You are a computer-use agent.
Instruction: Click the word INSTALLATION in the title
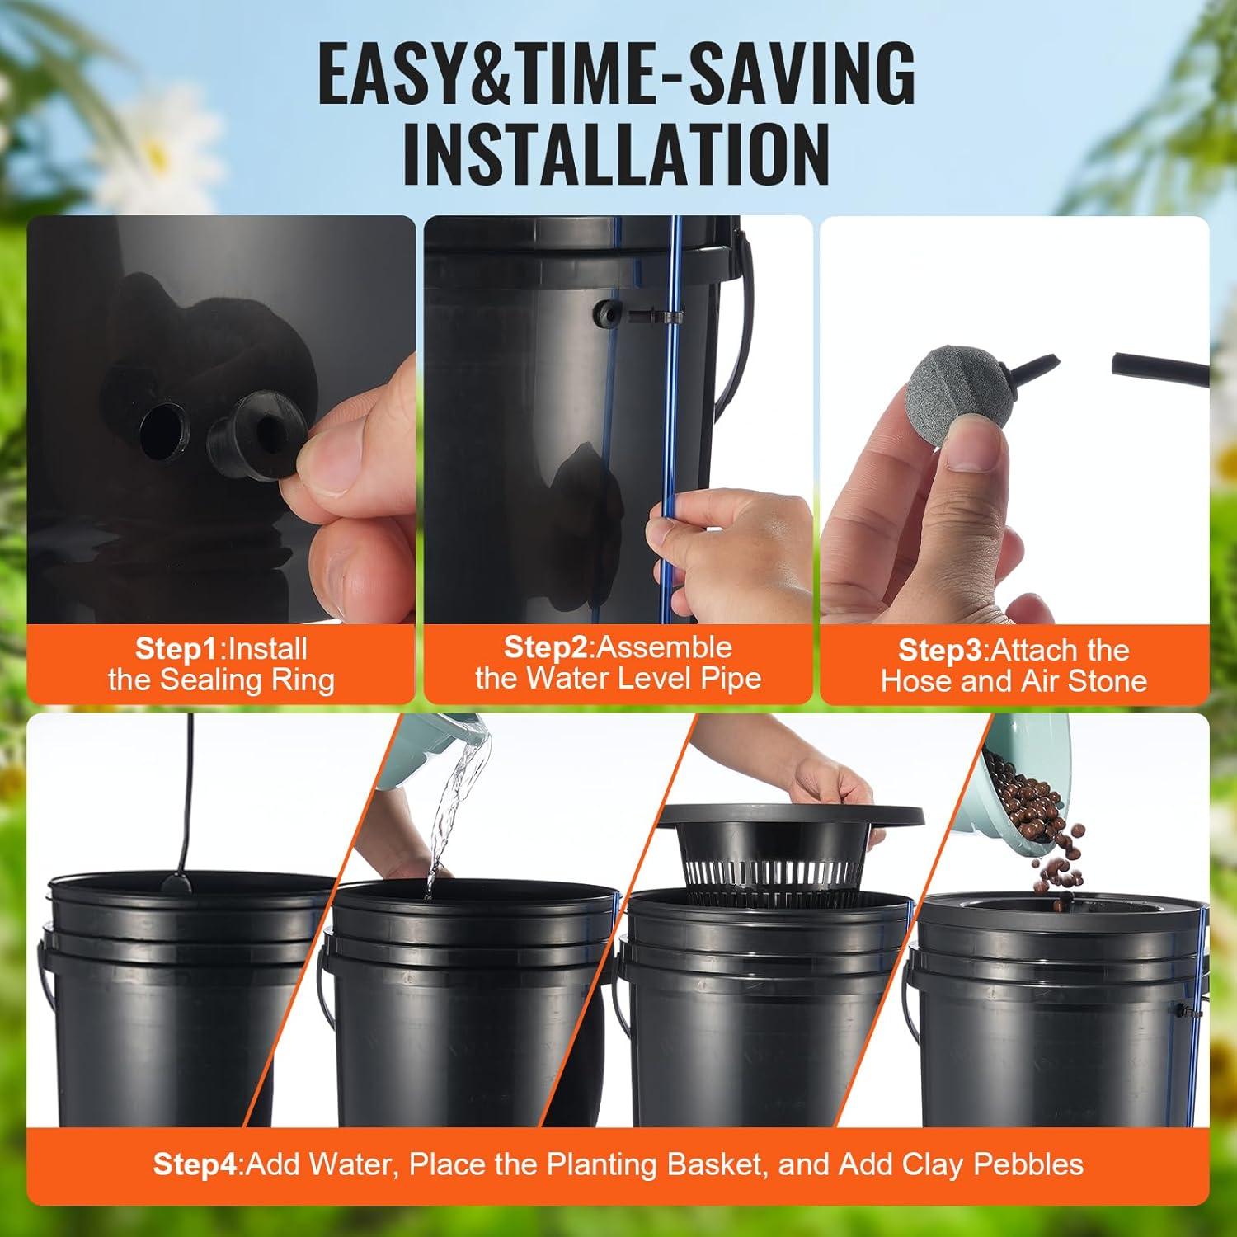coord(616,154)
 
